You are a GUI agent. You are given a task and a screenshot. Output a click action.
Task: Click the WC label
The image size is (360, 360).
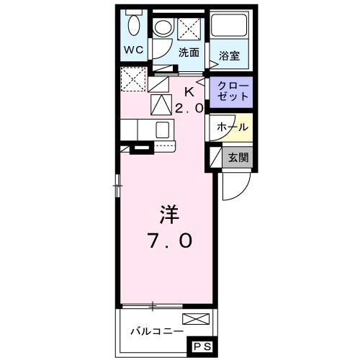pyautogui.click(x=134, y=50)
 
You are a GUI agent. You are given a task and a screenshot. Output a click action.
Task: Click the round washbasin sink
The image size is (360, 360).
pyautogui.click(x=163, y=28)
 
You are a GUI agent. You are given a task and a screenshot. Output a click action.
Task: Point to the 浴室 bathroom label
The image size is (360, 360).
pyautogui.click(x=230, y=53)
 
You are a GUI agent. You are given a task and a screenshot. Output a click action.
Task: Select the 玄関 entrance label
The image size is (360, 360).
pyautogui.click(x=238, y=157)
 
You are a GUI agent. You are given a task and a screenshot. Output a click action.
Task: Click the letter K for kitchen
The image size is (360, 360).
pyautogui.click(x=189, y=91)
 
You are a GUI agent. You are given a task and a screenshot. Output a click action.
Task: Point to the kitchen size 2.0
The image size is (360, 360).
pyautogui.click(x=189, y=107)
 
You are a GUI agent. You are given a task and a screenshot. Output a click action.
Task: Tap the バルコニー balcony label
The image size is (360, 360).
pyautogui.click(x=155, y=332)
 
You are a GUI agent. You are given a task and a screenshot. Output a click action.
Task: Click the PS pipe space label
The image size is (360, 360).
pyautogui.click(x=202, y=347)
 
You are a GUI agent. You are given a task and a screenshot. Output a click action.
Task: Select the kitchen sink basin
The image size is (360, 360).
pyautogui.click(x=163, y=129)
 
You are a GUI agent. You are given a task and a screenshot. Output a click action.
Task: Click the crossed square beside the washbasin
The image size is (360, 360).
pyautogui.click(x=189, y=28)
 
